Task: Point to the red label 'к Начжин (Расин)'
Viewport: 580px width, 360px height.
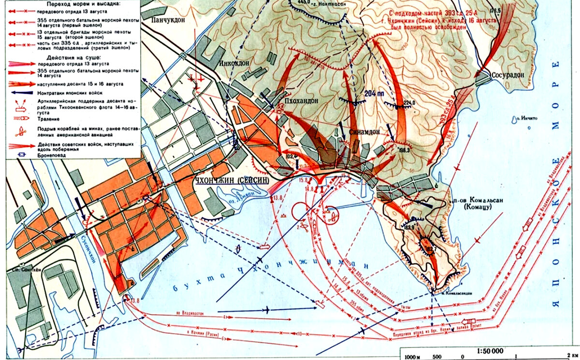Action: [199, 334]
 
